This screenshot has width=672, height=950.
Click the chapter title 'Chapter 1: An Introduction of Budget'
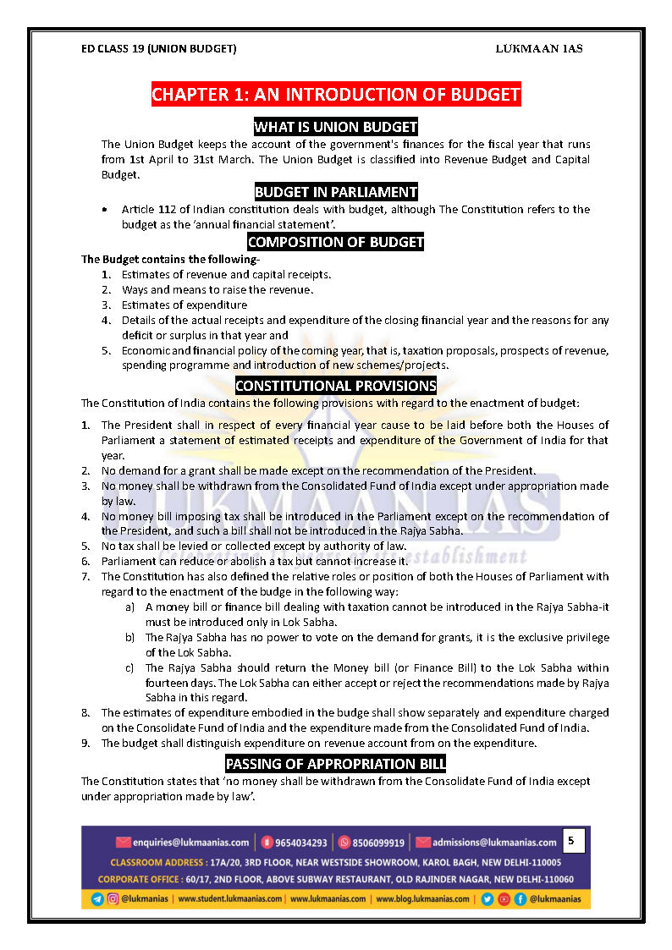click(336, 94)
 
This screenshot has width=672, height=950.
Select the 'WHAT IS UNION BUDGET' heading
click(336, 127)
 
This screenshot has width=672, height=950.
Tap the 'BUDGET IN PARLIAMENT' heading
click(336, 191)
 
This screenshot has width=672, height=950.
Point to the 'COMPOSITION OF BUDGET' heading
click(336, 242)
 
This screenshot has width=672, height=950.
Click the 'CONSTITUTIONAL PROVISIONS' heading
click(336, 386)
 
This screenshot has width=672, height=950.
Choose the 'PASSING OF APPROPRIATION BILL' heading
click(336, 764)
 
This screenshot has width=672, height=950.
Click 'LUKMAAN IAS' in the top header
click(538, 48)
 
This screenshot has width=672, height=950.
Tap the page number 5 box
click(571, 841)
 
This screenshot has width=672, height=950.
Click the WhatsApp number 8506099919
click(377, 843)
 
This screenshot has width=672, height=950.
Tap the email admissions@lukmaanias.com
click(494, 843)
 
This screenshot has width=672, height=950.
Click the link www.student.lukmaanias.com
click(230, 898)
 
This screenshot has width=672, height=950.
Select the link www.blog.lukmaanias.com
click(422, 898)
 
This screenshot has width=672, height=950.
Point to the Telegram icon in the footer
click(97, 898)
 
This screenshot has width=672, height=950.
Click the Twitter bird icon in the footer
click(487, 898)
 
